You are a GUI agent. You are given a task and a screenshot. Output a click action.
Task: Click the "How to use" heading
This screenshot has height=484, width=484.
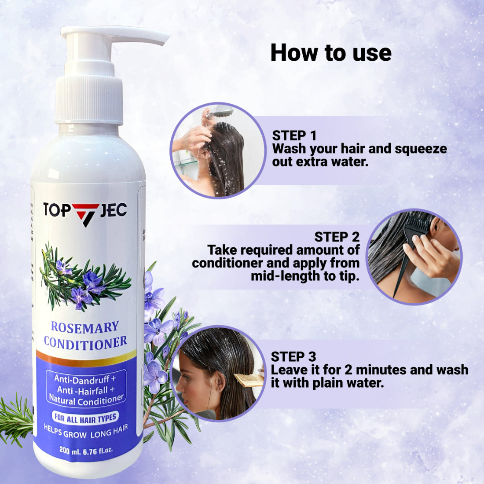(331, 53)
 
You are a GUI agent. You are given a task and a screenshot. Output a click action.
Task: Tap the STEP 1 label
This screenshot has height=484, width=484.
(294, 136)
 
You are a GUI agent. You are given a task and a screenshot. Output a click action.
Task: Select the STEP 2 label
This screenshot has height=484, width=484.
(337, 237)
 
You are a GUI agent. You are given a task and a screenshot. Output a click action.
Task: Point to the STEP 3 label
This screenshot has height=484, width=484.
(293, 356)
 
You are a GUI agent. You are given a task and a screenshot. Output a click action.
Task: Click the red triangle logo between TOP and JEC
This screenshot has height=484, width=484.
(85, 213)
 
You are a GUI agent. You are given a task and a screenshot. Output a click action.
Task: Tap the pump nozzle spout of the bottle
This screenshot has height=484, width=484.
(150, 37)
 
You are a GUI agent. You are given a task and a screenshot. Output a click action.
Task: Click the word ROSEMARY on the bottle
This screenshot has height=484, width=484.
(85, 327)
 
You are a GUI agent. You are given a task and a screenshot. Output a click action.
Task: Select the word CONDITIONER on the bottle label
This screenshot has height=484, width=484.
(85, 342)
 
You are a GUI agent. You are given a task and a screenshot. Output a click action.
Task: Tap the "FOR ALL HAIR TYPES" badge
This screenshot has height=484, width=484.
(84, 417)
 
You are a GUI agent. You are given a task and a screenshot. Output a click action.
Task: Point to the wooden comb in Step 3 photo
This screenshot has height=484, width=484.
(248, 379)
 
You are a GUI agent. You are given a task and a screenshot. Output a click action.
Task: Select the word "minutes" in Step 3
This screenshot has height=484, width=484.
(369, 370)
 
